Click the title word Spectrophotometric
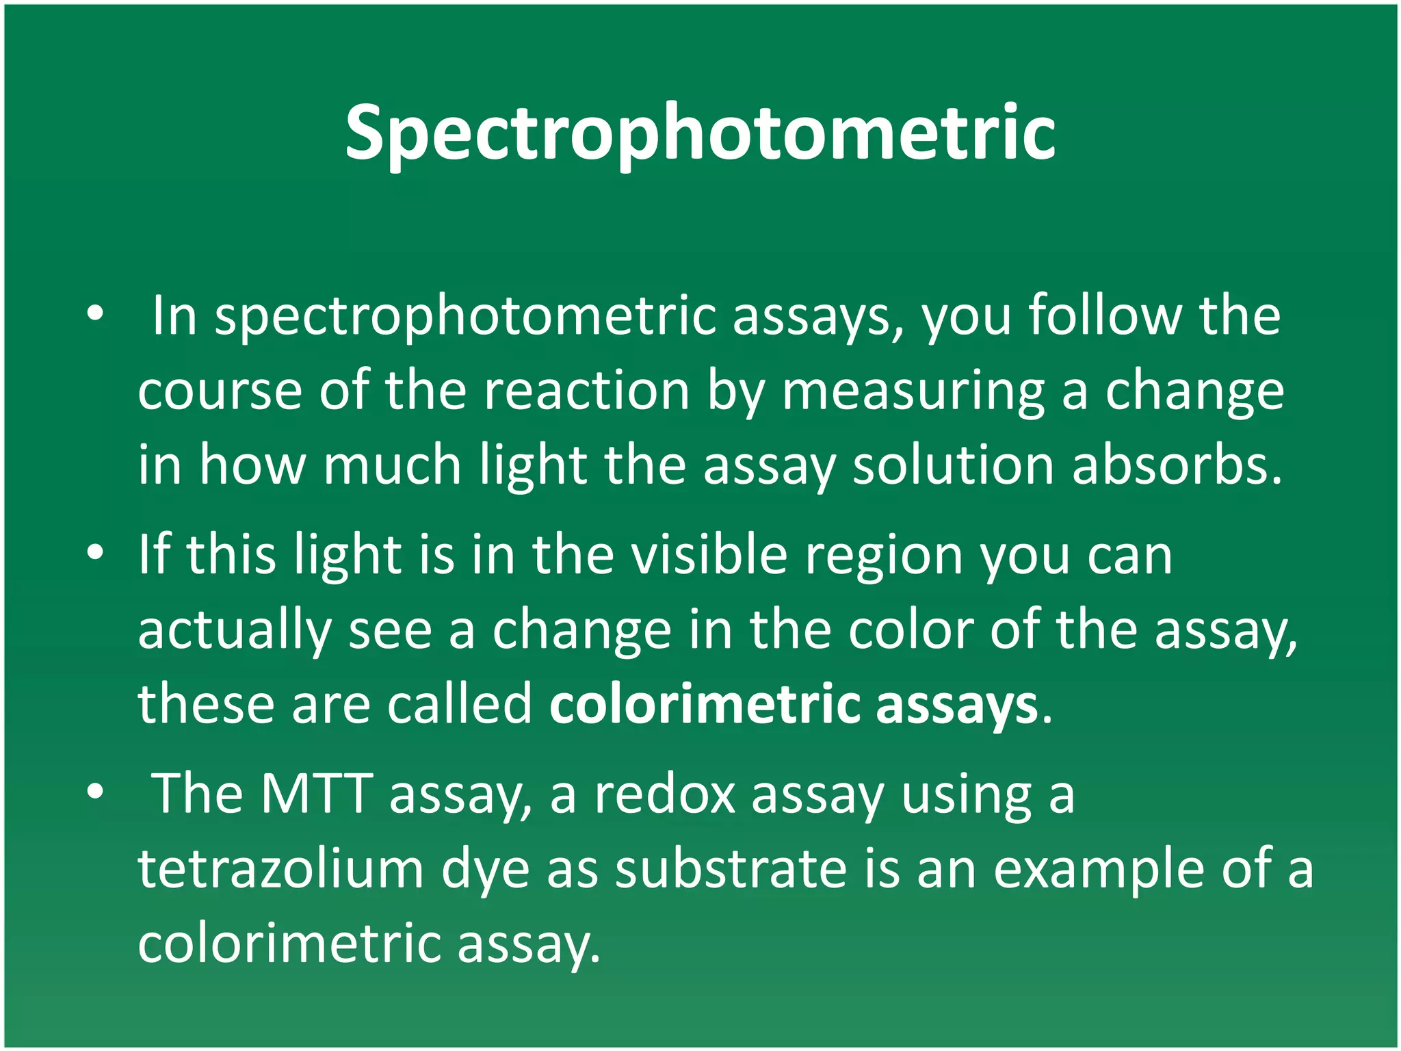click(x=700, y=133)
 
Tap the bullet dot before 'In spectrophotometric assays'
click(x=95, y=314)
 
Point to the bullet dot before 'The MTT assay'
click(x=95, y=792)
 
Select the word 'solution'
click(x=953, y=465)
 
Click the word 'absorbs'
click(x=1176, y=465)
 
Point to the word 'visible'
click(x=708, y=554)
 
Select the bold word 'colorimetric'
click(x=704, y=704)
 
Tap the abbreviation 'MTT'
click(x=316, y=794)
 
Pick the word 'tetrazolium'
click(x=280, y=869)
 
